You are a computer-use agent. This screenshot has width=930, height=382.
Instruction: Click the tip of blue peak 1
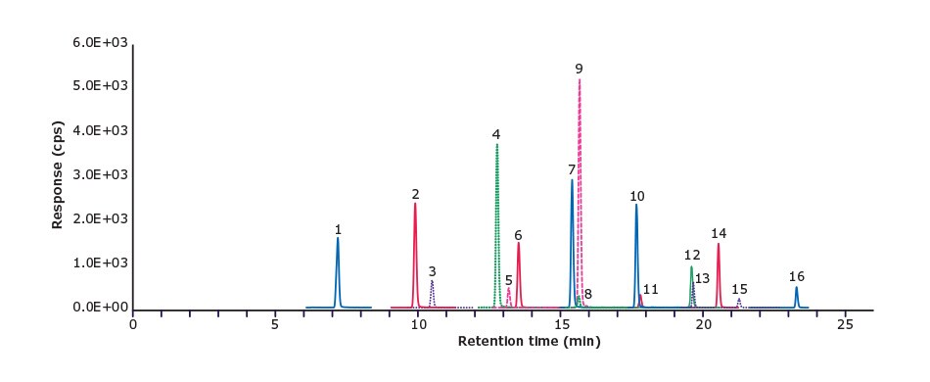[338, 238]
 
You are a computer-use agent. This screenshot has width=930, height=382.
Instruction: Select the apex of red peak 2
[415, 204]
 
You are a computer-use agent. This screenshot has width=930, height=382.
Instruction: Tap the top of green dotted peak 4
[497, 144]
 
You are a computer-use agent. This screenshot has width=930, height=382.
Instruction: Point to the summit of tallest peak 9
[580, 79]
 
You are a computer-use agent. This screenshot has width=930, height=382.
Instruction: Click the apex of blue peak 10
[636, 205]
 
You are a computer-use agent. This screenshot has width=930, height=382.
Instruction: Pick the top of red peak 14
[719, 244]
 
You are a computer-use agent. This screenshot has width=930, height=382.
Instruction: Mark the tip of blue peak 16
[796, 287]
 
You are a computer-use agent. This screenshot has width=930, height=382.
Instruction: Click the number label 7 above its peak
[571, 169]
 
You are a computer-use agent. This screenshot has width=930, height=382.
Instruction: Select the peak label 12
[692, 255]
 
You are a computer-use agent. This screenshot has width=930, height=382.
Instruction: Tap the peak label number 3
[432, 270]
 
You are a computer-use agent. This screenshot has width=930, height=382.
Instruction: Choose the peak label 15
[739, 289]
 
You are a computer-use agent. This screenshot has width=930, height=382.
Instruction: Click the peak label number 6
[518, 235]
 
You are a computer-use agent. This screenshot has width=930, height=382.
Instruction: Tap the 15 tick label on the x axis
[561, 324]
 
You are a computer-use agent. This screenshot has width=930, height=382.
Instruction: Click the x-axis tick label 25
[845, 324]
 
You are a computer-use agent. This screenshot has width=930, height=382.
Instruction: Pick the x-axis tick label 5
[275, 324]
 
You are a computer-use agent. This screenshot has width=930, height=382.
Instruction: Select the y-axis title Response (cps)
[58, 175]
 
